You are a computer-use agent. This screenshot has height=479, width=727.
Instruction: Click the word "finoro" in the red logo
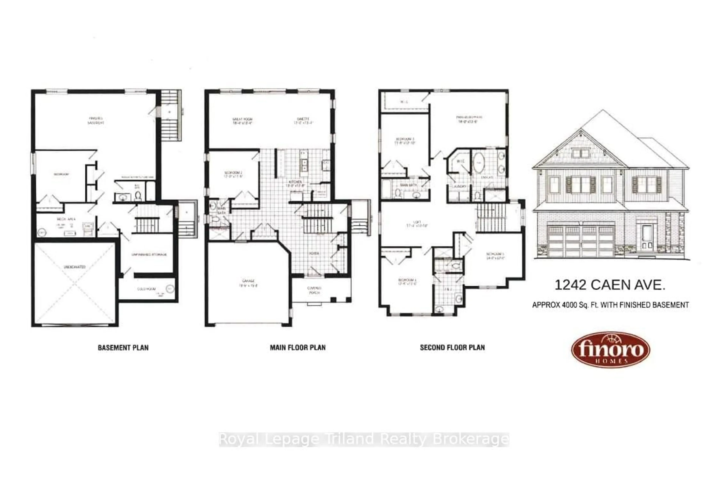coord(611,349)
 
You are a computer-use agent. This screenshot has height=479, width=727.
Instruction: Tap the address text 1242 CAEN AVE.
coord(610,285)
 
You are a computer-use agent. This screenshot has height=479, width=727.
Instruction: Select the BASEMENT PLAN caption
coord(123,348)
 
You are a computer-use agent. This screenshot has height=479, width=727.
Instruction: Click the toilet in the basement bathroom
coord(138,195)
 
